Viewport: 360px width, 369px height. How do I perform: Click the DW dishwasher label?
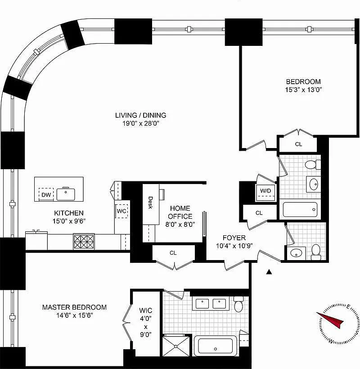pyautogui.click(x=46, y=194)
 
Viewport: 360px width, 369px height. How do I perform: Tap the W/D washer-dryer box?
pyautogui.click(x=265, y=193)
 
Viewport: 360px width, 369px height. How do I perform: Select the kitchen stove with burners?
pyautogui.click(x=84, y=242)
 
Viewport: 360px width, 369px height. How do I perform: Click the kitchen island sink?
pyautogui.click(x=66, y=194)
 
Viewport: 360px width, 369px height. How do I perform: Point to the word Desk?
pyautogui.click(x=150, y=203)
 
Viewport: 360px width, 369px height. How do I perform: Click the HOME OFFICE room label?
pyautogui.click(x=180, y=212)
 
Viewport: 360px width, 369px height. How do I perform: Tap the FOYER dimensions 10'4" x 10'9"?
pyautogui.click(x=234, y=246)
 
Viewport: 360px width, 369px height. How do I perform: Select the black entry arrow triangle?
pyautogui.click(x=269, y=272)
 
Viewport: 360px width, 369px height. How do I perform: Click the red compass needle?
pyautogui.click(x=330, y=319)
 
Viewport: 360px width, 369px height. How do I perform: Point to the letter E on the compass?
pyautogui.click(x=348, y=306)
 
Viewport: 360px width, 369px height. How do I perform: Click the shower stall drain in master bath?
pyautogui.click(x=176, y=346)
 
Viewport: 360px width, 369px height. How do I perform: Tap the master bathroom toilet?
pyautogui.click(x=238, y=304)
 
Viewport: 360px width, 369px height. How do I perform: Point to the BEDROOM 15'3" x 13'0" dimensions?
pyautogui.click(x=304, y=90)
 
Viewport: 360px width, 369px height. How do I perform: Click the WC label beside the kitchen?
pyautogui.click(x=121, y=211)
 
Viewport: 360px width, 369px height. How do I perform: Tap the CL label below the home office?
pyautogui.click(x=173, y=253)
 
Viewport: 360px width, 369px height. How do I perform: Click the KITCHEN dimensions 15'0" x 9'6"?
pyautogui.click(x=69, y=221)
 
